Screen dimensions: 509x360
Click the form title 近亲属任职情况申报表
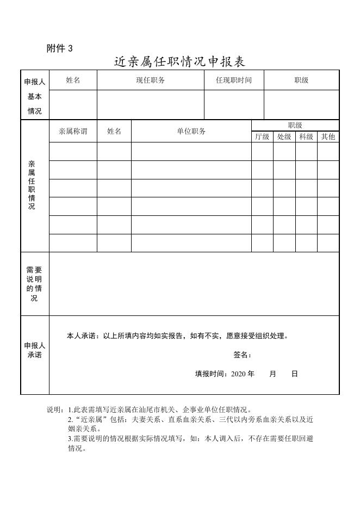(x=179, y=61)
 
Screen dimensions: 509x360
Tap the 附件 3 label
(x=60, y=48)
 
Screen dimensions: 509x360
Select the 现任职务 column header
(x=151, y=80)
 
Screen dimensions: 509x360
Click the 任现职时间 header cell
(x=234, y=80)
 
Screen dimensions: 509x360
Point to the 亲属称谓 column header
(x=73, y=131)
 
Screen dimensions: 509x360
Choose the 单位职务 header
(x=191, y=131)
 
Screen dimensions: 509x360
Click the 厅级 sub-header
(x=262, y=137)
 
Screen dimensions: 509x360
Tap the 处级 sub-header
(x=284, y=137)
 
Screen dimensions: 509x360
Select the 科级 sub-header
(x=306, y=137)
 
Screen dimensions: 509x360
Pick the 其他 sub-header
(x=328, y=137)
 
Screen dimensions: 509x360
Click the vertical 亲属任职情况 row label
(x=32, y=185)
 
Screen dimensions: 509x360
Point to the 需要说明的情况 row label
(x=34, y=284)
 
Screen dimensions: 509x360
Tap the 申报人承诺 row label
(x=35, y=350)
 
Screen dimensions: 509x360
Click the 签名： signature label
(x=243, y=355)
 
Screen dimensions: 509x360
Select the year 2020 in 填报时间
(x=239, y=374)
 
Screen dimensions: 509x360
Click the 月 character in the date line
(x=272, y=374)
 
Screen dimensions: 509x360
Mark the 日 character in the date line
(x=294, y=374)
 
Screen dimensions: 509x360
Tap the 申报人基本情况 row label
(x=35, y=97)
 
